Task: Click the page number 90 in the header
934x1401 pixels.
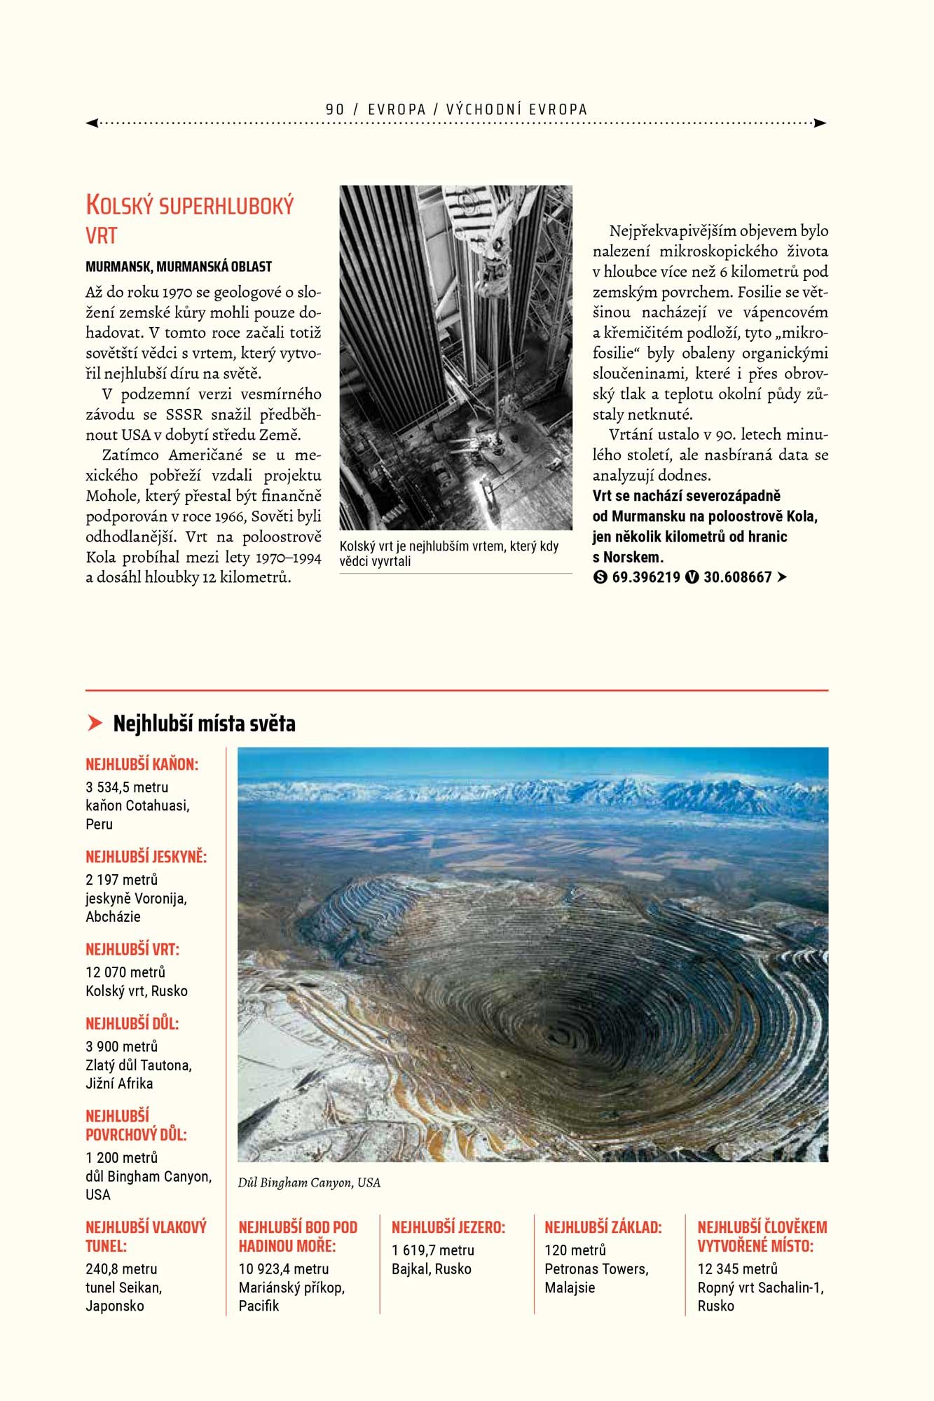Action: pos(335,109)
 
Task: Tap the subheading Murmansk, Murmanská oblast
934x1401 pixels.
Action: pos(179,266)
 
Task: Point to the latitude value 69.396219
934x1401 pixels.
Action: pos(646,577)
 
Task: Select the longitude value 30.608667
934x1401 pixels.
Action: pos(737,577)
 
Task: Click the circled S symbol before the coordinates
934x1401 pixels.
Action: pos(600,577)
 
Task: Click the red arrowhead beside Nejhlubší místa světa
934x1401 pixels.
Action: pos(95,723)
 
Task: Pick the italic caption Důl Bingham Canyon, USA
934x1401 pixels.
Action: pos(309,1182)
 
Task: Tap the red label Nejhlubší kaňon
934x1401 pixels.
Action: pos(142,764)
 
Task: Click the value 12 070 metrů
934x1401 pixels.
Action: pos(125,972)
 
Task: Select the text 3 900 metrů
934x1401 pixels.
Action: pos(122,1047)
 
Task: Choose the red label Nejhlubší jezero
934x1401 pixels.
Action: pos(448,1227)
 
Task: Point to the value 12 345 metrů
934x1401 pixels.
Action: pos(737,1269)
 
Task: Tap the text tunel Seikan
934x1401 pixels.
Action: pos(123,1288)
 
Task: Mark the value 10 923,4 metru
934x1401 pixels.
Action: pos(284,1269)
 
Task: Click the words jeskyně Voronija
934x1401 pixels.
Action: pos(136,898)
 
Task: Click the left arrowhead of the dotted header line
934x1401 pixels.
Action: pos(92,123)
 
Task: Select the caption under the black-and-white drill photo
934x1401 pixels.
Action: pos(448,553)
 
